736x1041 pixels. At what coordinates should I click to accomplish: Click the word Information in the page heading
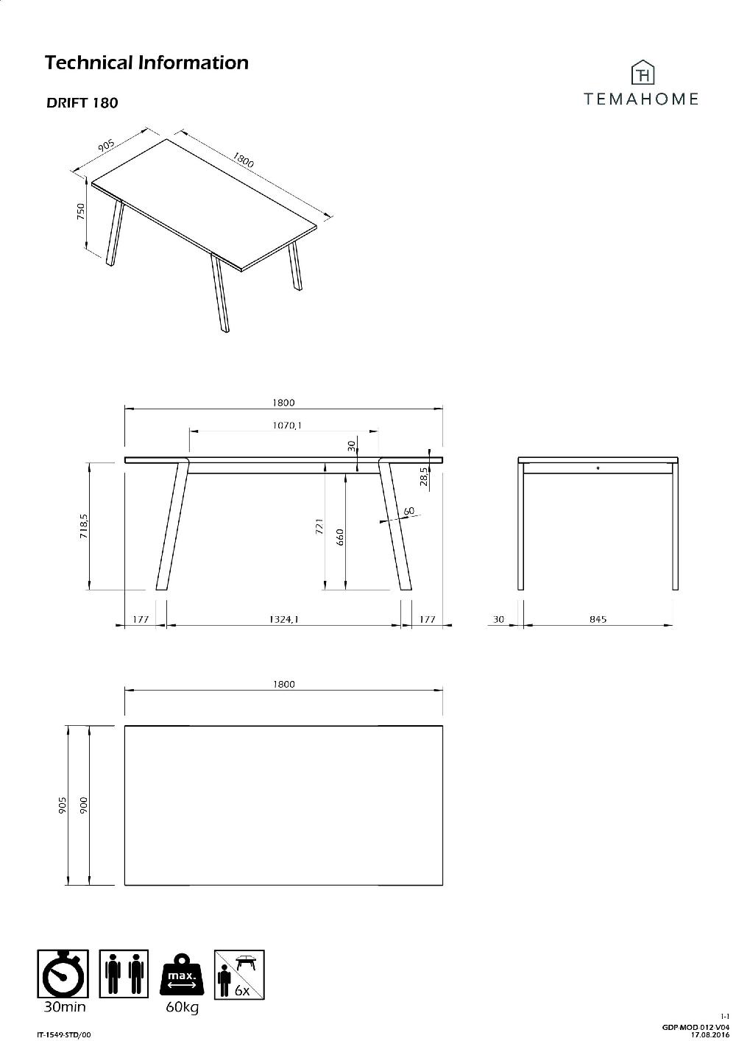point(194,63)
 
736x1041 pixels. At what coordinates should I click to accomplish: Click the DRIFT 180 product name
point(82,103)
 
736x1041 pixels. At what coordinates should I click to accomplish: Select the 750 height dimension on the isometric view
point(82,211)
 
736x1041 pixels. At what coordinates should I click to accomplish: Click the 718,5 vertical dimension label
point(85,526)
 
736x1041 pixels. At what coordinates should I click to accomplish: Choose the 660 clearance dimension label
point(340,537)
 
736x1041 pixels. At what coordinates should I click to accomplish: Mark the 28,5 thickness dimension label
point(424,478)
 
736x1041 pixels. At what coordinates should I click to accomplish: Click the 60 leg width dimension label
point(409,511)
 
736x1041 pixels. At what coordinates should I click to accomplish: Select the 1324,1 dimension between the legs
point(283,620)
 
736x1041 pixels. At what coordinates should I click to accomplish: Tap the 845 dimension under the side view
point(598,620)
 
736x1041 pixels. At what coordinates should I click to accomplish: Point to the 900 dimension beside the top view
point(85,805)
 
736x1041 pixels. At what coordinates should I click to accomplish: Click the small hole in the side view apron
point(598,467)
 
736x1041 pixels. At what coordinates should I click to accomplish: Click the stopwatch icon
point(63,974)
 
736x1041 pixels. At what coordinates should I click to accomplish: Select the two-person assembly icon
point(124,974)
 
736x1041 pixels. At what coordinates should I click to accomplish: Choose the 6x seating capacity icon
point(239,974)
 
